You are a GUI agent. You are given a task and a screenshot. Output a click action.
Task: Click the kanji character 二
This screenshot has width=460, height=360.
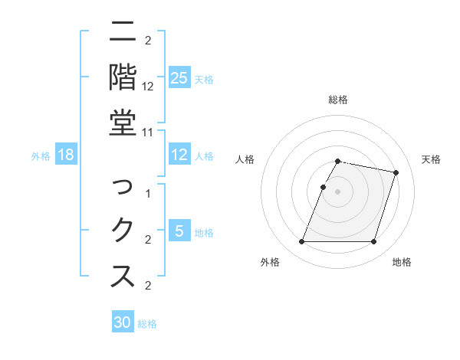click(123, 33)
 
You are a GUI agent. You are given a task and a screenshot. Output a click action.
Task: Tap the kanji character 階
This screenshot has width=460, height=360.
click(123, 77)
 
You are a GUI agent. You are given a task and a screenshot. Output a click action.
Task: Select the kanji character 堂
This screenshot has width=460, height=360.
click(123, 123)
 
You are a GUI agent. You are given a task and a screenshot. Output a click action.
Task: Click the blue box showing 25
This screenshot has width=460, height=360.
click(179, 77)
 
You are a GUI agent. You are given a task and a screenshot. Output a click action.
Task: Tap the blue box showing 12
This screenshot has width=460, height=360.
click(179, 155)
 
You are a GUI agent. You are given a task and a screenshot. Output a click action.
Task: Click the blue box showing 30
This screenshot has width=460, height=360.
click(123, 322)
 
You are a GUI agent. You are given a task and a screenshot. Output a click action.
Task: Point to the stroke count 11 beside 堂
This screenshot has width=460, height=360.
click(149, 132)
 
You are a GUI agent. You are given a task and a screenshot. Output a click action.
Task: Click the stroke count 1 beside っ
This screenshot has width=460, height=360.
click(149, 194)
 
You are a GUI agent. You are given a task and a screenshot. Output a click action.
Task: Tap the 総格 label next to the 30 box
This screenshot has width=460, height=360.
click(147, 324)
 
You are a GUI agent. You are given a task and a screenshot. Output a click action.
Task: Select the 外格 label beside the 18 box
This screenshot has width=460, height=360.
click(41, 156)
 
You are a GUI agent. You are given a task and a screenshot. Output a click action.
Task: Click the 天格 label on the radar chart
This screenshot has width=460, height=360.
click(431, 159)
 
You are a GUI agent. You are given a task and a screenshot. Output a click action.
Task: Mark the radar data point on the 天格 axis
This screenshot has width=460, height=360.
click(396, 173)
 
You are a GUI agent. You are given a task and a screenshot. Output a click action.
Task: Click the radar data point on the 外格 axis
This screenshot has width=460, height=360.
click(302, 242)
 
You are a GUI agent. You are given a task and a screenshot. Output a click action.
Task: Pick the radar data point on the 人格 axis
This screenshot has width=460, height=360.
click(323, 187)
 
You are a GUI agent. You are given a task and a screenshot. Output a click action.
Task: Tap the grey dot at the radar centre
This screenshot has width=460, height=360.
click(338, 191)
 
